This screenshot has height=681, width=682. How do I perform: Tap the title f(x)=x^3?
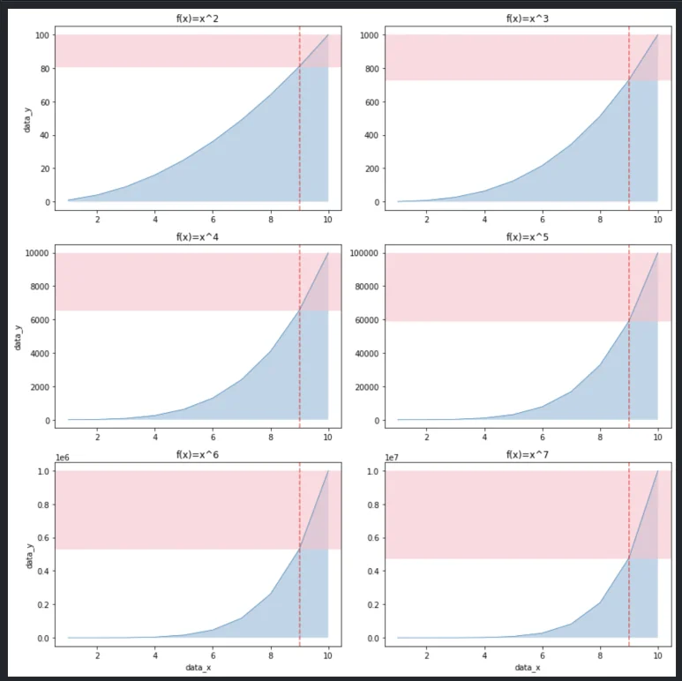pos(527,19)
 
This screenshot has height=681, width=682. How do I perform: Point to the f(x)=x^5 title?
pos(527,236)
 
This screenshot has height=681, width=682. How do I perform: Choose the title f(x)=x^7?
pos(527,454)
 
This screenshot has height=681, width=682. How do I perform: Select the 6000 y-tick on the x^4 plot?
pos(35,320)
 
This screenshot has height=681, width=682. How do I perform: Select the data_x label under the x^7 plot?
pos(527,668)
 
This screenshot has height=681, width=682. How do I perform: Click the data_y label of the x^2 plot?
pos(26,118)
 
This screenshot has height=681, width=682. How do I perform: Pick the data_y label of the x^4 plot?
pos(17,336)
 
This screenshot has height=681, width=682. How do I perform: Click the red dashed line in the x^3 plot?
pos(629,132)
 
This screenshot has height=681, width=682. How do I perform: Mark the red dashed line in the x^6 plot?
pos(300,573)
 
